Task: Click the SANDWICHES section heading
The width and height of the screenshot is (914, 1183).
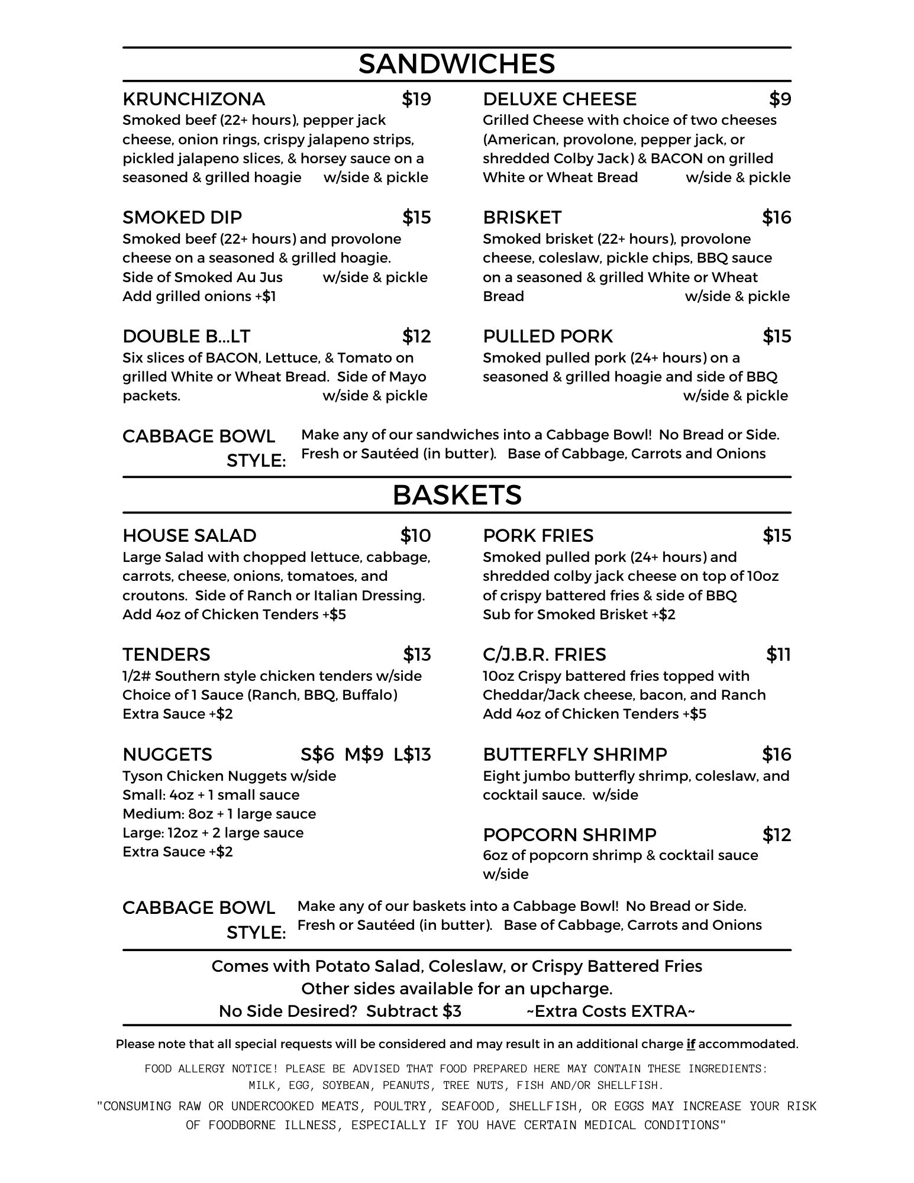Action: point(457,64)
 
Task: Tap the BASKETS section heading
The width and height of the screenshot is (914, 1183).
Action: point(457,495)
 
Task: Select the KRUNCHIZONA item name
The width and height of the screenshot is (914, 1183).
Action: point(193,99)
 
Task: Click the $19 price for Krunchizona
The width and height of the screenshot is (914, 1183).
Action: point(416,99)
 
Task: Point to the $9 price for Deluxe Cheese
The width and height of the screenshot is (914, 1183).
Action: point(780,99)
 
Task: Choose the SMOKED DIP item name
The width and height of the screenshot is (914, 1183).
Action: point(182,218)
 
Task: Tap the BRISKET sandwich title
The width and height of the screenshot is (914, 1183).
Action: point(522,218)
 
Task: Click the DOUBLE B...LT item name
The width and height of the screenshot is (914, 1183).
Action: point(186,337)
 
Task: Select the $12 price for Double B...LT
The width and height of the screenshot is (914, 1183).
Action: point(416,337)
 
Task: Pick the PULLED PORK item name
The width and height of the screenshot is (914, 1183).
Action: point(548,337)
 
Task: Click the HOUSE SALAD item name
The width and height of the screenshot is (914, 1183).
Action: point(189,536)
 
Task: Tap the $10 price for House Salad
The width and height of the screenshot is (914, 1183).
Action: point(415,536)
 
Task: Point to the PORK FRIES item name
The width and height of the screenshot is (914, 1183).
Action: point(538,536)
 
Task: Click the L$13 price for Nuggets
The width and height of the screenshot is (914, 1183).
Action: point(412,755)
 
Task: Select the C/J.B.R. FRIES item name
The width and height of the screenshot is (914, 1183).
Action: point(544,655)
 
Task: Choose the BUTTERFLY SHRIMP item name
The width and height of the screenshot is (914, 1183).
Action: point(574,755)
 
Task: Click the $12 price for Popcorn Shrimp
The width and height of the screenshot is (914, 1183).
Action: point(776,835)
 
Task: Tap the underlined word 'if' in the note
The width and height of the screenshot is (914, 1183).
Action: point(690,1044)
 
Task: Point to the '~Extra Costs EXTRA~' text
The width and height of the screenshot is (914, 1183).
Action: point(611,1011)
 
